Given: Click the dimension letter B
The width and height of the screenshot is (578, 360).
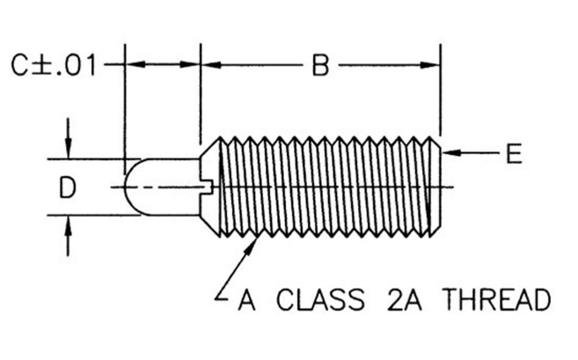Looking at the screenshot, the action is click(x=320, y=65).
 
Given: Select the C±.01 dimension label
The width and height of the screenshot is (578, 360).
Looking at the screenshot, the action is click(x=54, y=65).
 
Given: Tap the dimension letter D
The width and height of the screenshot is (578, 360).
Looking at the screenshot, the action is click(x=68, y=187).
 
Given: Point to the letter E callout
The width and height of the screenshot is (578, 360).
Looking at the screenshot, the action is click(x=514, y=153).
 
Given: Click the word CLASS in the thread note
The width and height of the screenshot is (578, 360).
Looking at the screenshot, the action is click(x=320, y=299).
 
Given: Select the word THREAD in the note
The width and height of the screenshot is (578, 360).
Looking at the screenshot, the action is click(x=497, y=299).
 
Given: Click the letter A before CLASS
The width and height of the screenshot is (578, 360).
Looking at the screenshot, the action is click(x=246, y=299).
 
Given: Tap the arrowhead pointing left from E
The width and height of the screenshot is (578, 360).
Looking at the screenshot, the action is click(x=450, y=152).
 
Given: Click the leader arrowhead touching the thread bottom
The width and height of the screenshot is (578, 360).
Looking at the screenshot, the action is click(x=252, y=246).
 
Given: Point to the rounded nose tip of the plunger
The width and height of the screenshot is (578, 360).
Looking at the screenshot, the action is click(x=125, y=187).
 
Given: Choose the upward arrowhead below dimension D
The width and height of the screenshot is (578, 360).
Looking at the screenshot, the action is click(x=68, y=225).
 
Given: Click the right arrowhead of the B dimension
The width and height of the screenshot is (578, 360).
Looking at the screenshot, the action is click(x=430, y=65).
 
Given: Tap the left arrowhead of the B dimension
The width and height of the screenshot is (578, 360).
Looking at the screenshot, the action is click(x=212, y=65).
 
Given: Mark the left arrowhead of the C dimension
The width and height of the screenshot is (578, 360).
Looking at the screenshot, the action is click(x=135, y=64).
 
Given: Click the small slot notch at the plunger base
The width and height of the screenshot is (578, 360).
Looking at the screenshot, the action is click(x=209, y=187).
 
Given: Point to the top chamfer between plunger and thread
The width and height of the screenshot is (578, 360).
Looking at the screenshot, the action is click(x=210, y=148).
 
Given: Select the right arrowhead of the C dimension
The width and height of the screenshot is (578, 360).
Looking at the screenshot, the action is click(x=189, y=64).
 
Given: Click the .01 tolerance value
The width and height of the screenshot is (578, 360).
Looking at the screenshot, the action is click(x=76, y=66).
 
